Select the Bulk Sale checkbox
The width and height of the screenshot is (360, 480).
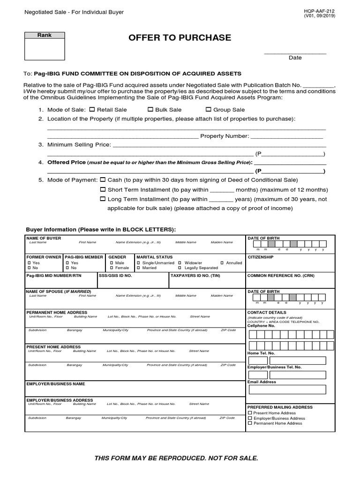(150, 109)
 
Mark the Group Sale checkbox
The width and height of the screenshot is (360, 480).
(208, 109)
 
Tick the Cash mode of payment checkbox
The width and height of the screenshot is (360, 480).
(103, 180)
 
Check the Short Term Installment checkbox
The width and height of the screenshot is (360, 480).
(103, 189)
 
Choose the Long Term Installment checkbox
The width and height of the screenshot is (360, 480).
(103, 199)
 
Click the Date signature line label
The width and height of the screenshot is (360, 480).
(295, 58)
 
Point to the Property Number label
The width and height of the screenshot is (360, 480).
(224, 136)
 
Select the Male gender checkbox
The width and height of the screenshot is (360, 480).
(112, 263)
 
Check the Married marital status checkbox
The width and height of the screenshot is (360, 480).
(138, 268)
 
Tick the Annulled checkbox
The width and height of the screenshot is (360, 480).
(222, 263)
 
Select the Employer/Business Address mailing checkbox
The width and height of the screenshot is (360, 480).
(250, 418)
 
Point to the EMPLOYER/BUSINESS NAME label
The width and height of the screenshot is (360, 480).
(56, 384)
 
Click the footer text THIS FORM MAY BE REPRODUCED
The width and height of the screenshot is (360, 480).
(176, 457)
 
